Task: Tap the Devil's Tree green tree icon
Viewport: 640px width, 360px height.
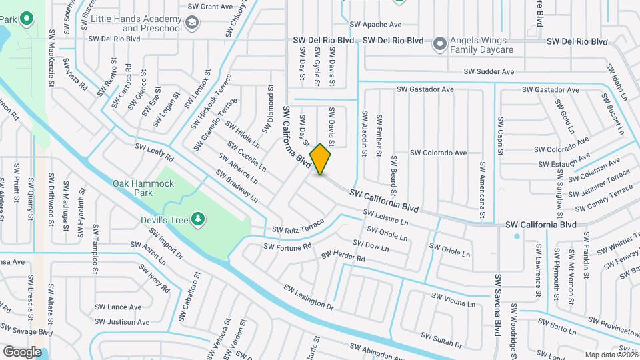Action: click(x=197, y=219)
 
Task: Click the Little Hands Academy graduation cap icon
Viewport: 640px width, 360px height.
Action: click(x=192, y=24)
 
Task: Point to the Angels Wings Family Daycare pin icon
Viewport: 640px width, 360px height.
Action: click(x=439, y=45)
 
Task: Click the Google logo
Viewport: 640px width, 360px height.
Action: click(x=22, y=351)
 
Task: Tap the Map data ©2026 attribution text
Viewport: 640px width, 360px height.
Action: click(x=611, y=355)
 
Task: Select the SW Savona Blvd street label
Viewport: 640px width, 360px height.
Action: click(x=497, y=307)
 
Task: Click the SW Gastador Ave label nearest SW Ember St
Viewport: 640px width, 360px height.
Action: click(x=425, y=89)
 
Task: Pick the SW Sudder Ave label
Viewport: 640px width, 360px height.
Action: click(x=489, y=71)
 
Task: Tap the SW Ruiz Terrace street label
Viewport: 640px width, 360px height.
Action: click(x=297, y=227)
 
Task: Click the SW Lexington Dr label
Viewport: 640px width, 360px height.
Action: click(x=308, y=297)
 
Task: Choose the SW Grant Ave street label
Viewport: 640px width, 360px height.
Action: click(x=210, y=7)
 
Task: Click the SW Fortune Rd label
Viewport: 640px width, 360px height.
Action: click(x=287, y=246)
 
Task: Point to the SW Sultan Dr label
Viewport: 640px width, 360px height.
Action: click(x=441, y=341)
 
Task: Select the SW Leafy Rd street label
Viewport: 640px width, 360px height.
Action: click(x=154, y=152)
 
